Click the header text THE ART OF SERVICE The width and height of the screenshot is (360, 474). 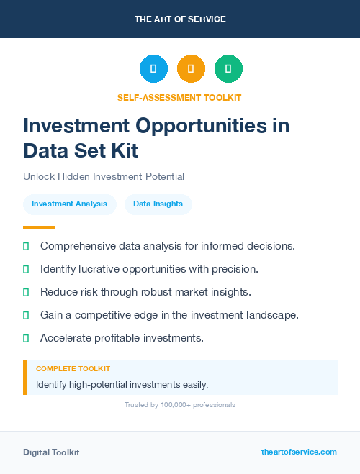(180, 19)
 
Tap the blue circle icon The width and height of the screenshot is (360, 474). (153, 69)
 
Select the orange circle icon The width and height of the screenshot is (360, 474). (191, 69)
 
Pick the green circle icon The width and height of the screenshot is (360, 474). (228, 69)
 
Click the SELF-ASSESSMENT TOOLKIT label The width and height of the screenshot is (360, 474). (179, 97)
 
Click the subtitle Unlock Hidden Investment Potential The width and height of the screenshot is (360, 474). (104, 176)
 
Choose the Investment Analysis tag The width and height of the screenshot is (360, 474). (69, 204)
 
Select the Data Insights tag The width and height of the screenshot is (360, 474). (158, 204)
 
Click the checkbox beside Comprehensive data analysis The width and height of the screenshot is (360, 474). (26, 246)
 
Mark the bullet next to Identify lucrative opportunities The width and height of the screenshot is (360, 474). (26, 269)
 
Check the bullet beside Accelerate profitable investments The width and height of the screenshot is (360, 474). (26, 338)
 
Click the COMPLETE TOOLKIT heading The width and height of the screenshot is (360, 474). (73, 369)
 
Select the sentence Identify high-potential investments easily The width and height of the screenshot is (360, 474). (122, 385)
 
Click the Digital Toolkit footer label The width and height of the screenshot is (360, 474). (51, 452)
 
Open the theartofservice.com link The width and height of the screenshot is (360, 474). (299, 452)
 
